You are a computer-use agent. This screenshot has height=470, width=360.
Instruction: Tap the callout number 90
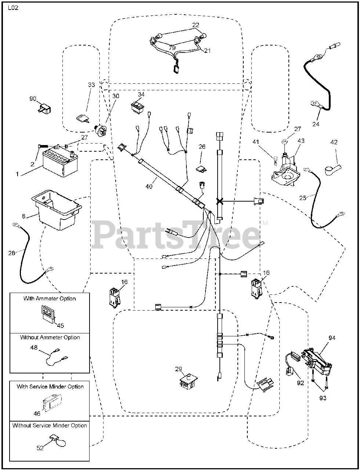point(33,99)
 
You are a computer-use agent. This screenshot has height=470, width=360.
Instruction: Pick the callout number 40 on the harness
point(149,187)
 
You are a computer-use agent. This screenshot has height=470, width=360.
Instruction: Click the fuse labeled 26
point(201,169)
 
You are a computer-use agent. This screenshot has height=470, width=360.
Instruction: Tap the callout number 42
point(334,142)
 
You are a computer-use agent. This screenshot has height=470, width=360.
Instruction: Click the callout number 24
point(316,124)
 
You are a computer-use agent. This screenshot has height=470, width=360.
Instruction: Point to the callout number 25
point(303,198)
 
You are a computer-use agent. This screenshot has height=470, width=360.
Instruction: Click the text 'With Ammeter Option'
point(50,299)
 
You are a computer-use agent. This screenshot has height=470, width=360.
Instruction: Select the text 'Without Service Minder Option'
point(50,426)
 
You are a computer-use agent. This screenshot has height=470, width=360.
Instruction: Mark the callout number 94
point(332,338)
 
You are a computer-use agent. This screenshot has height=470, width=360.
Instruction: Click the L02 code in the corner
point(13,7)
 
